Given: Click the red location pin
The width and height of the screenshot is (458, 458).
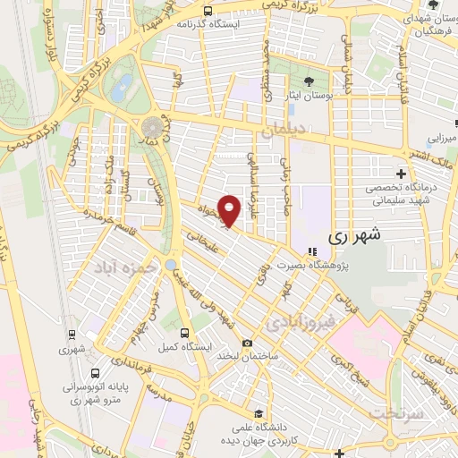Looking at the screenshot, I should (230, 209).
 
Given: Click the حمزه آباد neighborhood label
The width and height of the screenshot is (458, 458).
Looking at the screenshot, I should (125, 267).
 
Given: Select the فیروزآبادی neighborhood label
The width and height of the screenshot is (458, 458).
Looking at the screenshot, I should (304, 319).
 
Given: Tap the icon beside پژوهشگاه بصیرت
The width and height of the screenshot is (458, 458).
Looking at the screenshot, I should (311, 251).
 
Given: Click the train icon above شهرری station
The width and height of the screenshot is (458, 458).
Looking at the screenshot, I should (71, 334).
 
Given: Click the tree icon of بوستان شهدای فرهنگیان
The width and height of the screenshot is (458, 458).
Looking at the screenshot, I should (434, 5).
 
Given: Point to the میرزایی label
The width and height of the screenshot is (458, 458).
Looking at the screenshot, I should (441, 140).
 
